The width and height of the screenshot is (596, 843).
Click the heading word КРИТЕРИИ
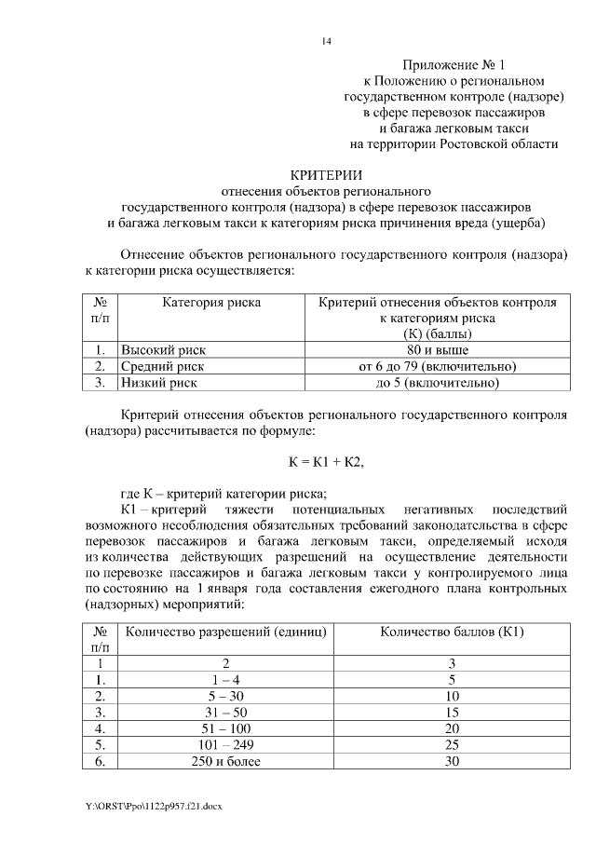(x=325, y=174)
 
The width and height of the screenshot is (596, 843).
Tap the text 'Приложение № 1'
(x=453, y=65)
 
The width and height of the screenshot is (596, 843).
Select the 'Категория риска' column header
(x=211, y=302)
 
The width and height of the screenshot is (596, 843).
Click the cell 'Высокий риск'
(x=163, y=349)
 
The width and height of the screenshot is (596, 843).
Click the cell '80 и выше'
(x=437, y=349)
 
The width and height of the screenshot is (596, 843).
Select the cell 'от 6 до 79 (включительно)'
(x=437, y=366)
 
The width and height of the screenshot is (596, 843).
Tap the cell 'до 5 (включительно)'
(x=437, y=383)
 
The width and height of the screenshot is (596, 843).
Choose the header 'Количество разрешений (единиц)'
(x=226, y=632)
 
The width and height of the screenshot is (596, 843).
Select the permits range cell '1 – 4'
(x=226, y=679)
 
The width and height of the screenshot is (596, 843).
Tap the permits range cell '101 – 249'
(x=226, y=745)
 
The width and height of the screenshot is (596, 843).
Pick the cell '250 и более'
(x=226, y=762)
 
